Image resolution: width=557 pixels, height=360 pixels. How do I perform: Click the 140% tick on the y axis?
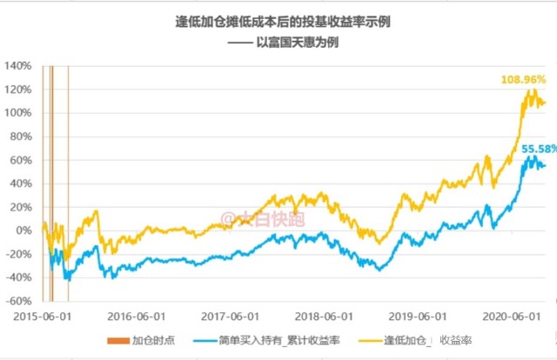coord(17,66)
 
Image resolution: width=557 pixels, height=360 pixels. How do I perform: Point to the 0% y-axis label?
coord(23,230)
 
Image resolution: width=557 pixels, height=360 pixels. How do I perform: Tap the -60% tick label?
coord(18,302)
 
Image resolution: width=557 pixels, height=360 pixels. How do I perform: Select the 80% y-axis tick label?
coord(21,137)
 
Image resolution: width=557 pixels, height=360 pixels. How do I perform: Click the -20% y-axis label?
coord(18,254)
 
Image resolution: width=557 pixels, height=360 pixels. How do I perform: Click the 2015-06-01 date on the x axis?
coord(43,317)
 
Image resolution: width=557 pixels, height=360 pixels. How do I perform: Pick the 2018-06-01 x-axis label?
coord(324,317)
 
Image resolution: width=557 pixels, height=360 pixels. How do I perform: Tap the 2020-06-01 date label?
coord(512,317)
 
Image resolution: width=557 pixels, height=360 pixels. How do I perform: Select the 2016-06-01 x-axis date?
coord(137,317)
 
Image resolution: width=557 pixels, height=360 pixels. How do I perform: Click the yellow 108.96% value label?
coord(523,79)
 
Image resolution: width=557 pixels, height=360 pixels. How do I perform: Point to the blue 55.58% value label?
coord(540,149)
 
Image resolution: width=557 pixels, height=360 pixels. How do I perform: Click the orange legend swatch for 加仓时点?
coord(118,341)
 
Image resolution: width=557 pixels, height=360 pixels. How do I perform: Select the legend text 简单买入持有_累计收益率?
coord(279,341)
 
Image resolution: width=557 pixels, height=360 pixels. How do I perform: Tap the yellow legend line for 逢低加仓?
coord(371,341)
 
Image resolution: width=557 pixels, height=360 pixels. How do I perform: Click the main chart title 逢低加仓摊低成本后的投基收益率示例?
coord(283,22)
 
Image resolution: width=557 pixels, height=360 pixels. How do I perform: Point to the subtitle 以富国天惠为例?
coord(298,43)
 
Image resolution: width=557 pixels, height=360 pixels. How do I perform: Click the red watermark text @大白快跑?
coord(263,219)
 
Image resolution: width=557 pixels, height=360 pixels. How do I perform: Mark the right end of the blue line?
coord(546,166)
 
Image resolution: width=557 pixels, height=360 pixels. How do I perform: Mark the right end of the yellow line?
coord(546,103)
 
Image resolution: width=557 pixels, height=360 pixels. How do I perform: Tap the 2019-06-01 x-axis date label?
coord(418,317)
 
